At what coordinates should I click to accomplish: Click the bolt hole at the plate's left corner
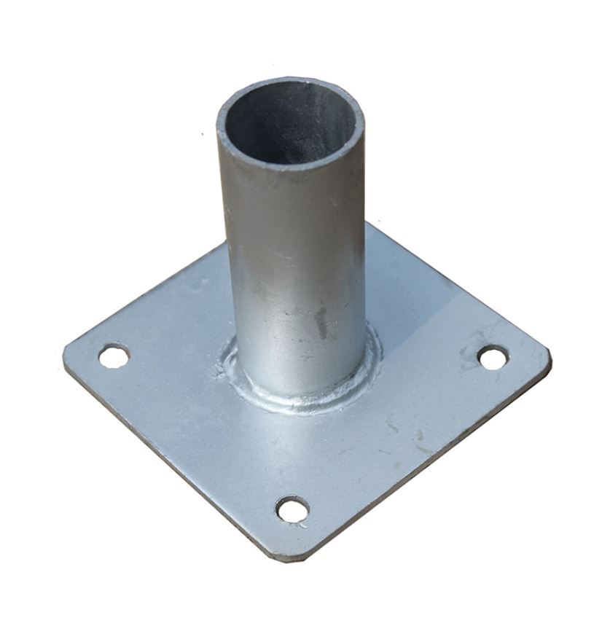[114, 356]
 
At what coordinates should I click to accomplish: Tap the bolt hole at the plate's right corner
[493, 357]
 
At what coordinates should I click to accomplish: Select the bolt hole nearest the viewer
[293, 509]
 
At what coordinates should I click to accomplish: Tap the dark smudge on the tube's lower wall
[321, 321]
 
